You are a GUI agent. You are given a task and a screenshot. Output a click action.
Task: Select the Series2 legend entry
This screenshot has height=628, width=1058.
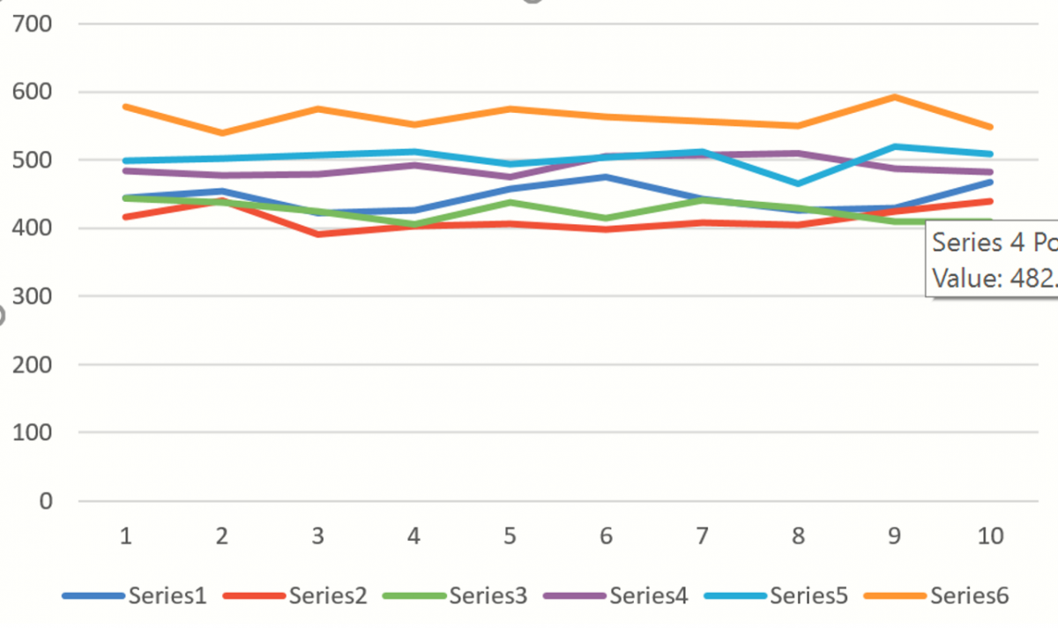(x=327, y=595)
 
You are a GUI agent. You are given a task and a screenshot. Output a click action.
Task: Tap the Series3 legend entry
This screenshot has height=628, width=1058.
(x=488, y=595)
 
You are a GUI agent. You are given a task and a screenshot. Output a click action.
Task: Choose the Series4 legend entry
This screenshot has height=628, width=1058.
(x=648, y=595)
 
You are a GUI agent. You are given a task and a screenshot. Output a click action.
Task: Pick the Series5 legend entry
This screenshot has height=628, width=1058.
(x=808, y=595)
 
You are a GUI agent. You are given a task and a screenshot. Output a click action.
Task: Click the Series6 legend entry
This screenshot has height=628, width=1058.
(x=969, y=595)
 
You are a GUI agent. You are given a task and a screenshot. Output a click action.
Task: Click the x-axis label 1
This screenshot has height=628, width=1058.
(x=126, y=535)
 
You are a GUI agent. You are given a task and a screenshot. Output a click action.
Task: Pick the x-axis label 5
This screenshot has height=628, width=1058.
(x=509, y=535)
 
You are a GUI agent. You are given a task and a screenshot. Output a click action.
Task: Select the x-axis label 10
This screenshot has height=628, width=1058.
(x=991, y=535)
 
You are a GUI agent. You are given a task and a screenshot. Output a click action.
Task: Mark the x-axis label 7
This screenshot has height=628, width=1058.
(x=702, y=535)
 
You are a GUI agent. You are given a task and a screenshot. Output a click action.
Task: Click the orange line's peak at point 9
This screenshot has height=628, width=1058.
(x=894, y=97)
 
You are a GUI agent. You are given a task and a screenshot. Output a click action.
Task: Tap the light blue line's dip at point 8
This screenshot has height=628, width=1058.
(x=799, y=183)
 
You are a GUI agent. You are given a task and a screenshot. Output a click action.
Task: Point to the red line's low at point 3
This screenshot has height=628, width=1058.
(x=317, y=234)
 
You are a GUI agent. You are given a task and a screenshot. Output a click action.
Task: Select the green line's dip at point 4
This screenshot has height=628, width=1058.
(x=414, y=224)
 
